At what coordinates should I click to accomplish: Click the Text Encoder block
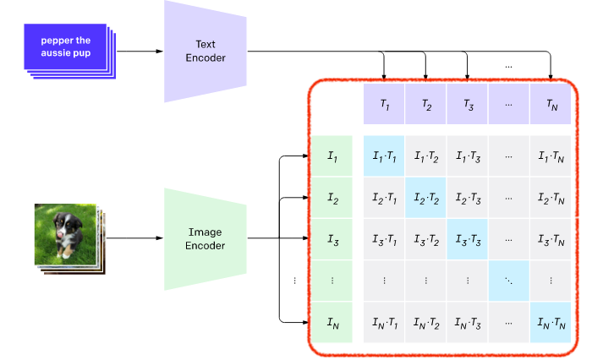(206, 52)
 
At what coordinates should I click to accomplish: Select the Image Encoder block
(206, 239)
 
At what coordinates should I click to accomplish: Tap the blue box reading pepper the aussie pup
(65, 46)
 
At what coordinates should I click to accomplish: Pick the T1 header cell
(384, 104)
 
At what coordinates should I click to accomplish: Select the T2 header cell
(425, 104)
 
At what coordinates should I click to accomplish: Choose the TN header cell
(551, 104)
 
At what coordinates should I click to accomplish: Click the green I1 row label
(332, 155)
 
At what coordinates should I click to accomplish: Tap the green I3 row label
(332, 239)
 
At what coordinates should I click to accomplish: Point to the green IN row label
(332, 322)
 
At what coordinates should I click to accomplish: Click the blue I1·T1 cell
(384, 155)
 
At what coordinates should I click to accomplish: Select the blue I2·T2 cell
(425, 198)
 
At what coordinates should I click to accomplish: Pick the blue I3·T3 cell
(468, 239)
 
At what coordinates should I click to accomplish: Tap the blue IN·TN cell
(551, 322)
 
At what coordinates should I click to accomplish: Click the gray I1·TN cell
(551, 155)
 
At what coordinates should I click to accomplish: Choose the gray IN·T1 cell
(384, 322)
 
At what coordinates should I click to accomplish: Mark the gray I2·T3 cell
(468, 198)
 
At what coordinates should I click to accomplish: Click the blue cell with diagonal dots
(509, 281)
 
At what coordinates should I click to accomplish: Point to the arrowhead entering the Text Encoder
(160, 52)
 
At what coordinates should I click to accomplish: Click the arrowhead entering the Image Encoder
(160, 238)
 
